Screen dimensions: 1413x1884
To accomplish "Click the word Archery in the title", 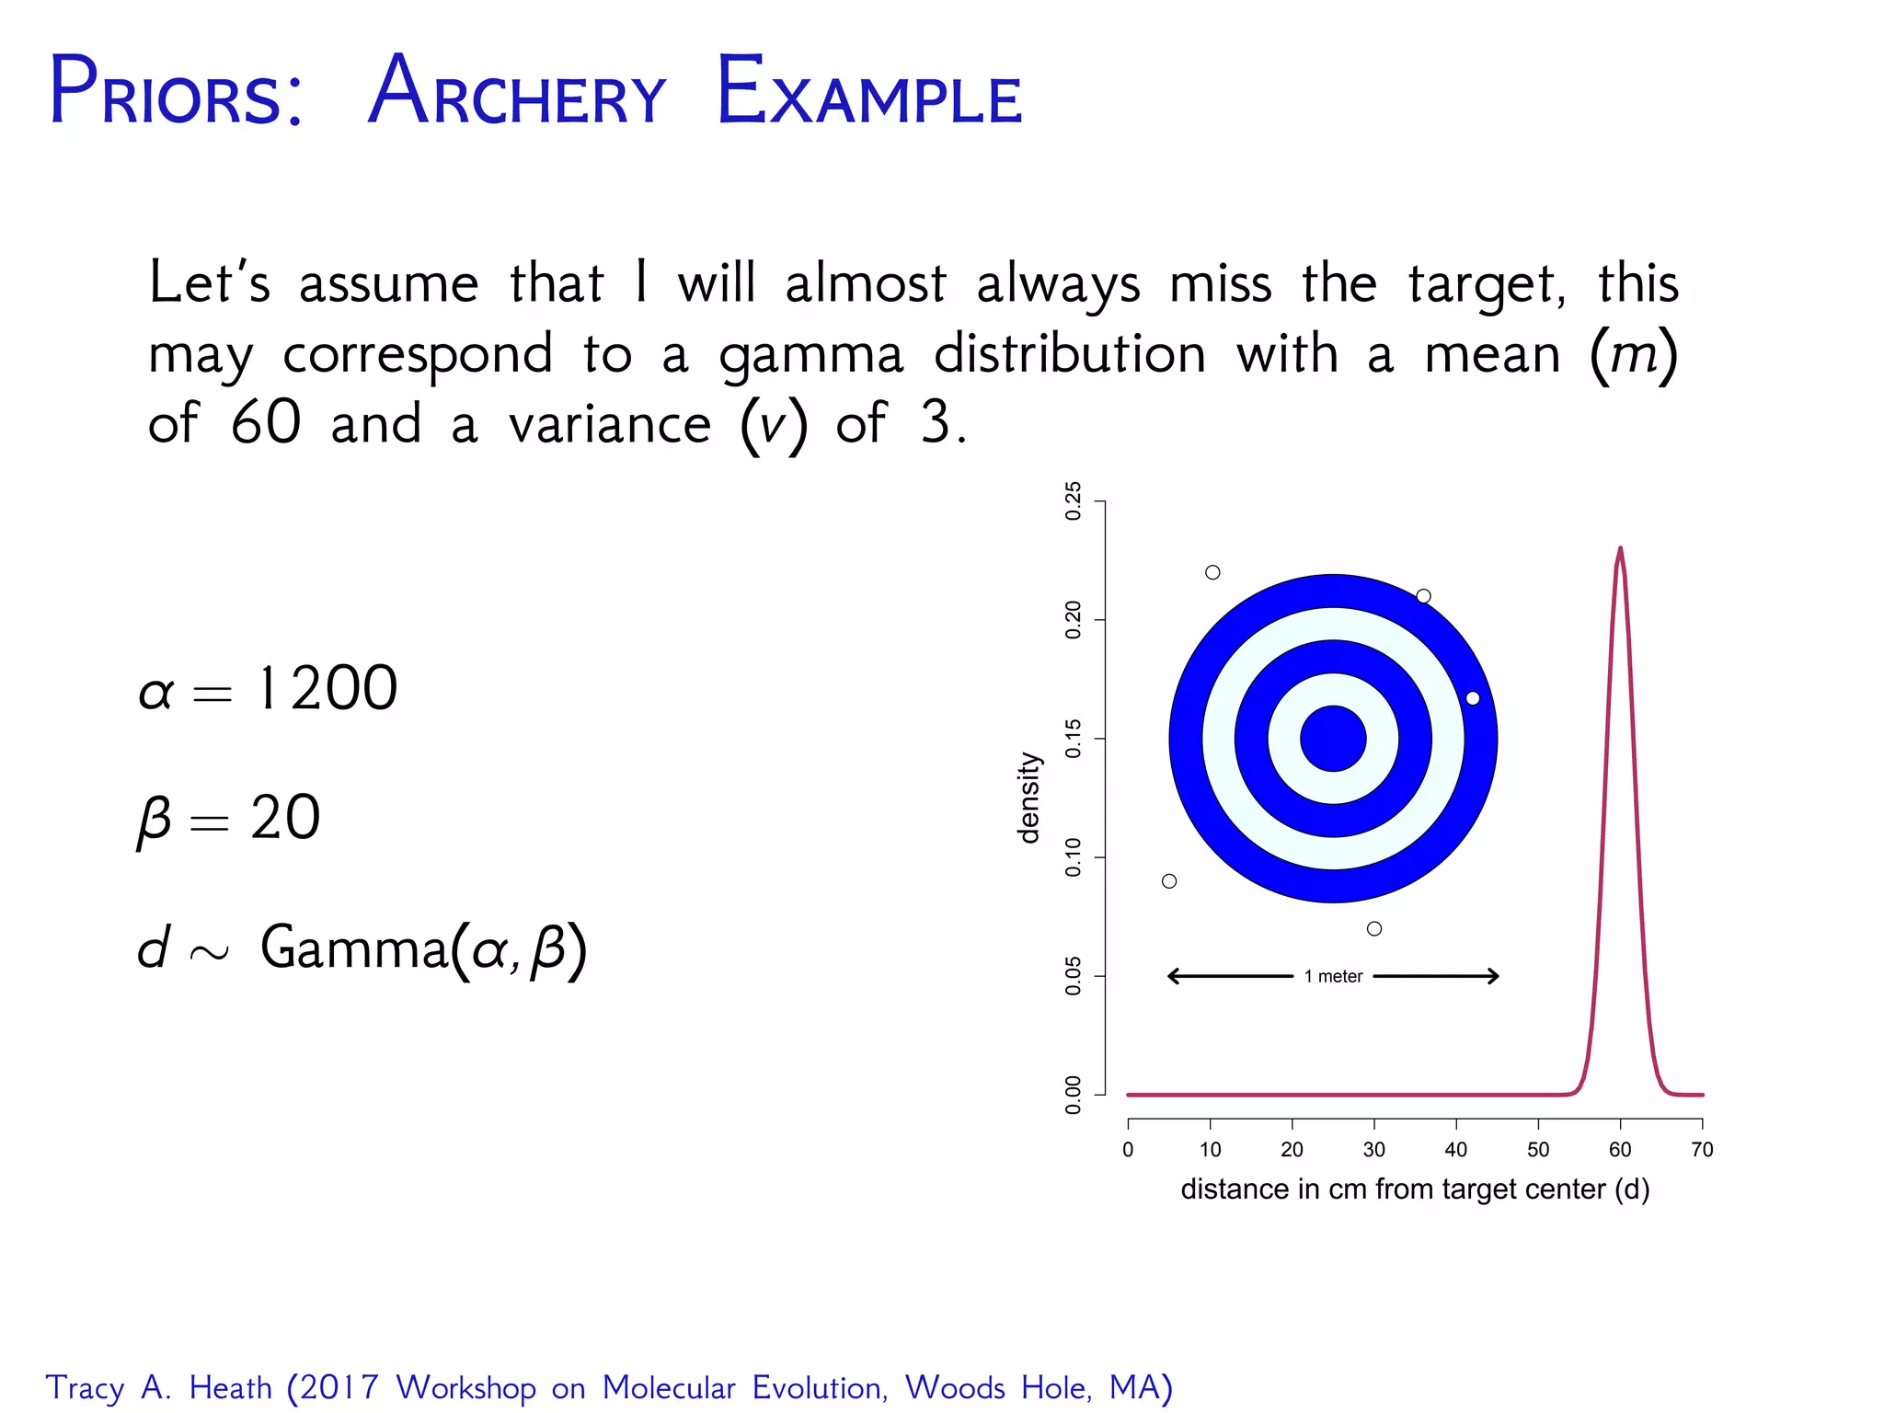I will click(x=517, y=94).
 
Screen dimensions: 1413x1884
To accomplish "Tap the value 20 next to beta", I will click(x=285, y=817).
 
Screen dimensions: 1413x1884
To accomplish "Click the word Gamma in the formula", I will click(x=353, y=947).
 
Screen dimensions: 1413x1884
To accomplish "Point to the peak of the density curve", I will click(x=1620, y=550).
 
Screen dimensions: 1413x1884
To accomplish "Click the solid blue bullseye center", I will click(x=1333, y=739).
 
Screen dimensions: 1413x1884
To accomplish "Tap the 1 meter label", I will click(x=1333, y=976).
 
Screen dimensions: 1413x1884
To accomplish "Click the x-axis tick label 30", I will click(x=1373, y=1150).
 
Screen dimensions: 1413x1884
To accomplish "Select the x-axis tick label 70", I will click(x=1702, y=1150).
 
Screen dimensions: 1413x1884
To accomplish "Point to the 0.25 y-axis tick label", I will click(x=1074, y=501).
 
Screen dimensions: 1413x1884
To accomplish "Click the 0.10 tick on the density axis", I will click(x=1074, y=857).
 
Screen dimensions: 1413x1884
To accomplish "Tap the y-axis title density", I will click(x=1029, y=798).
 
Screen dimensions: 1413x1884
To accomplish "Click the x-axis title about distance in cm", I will click(x=1415, y=1189).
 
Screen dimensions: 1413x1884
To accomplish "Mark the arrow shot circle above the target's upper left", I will click(x=1212, y=572).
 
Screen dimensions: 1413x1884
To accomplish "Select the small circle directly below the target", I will click(x=1374, y=929).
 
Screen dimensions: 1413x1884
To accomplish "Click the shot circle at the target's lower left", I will click(x=1169, y=881).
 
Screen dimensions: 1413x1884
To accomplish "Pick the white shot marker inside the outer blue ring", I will click(x=1473, y=698).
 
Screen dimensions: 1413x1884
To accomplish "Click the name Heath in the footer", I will click(x=230, y=1387).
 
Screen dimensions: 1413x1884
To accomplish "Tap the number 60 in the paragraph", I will click(x=265, y=423).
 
